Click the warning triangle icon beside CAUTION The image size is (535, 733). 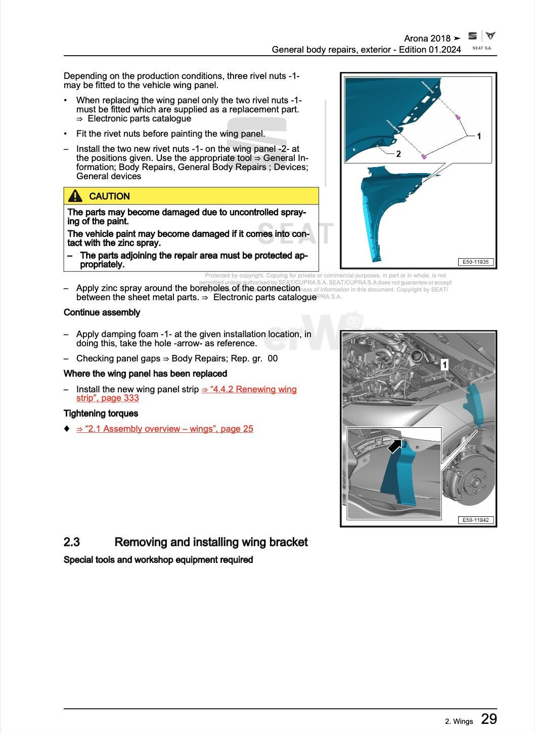point(75,196)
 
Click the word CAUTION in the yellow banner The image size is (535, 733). point(109,196)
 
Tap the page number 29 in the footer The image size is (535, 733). point(488,719)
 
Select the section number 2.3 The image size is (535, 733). point(72,542)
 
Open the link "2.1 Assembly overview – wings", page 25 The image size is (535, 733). point(164,429)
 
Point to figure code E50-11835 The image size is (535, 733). point(476,262)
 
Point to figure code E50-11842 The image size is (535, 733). point(476,520)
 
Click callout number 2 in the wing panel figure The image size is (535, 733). point(398,154)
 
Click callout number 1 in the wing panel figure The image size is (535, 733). point(479,136)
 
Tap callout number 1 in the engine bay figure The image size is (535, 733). point(444,364)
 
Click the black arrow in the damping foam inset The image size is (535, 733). point(394,446)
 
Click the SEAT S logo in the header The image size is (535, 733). point(472,36)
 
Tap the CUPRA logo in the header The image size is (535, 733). point(491,36)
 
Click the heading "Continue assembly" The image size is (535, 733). point(102,312)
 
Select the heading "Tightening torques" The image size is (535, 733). point(101,414)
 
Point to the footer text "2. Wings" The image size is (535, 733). point(459,721)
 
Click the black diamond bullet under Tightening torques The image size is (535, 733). point(67,429)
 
